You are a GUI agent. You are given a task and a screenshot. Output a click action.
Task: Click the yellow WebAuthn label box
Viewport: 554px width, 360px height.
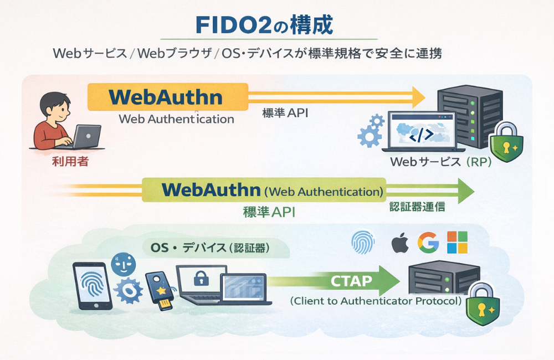click(x=167, y=97)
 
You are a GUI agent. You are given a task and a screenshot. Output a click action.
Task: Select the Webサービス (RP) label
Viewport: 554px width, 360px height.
click(x=440, y=163)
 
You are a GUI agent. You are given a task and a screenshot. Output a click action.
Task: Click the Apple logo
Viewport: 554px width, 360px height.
click(x=399, y=243)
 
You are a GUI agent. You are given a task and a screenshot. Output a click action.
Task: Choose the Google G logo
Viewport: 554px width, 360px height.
click(x=428, y=243)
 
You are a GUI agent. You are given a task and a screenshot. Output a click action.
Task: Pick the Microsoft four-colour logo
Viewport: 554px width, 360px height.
click(x=458, y=243)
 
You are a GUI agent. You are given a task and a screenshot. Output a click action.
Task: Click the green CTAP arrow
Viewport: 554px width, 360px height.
click(x=355, y=281)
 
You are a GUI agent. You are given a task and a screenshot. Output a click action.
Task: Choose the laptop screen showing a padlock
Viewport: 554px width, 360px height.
click(x=201, y=280)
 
